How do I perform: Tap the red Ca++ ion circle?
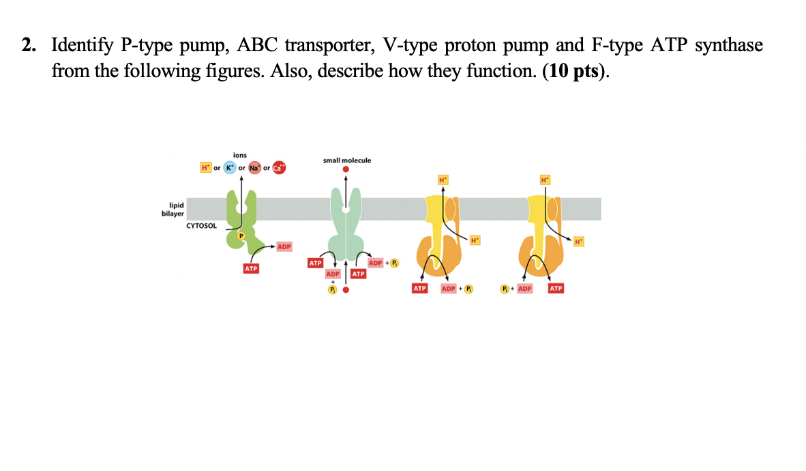click(x=280, y=168)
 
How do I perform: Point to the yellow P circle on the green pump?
click(x=240, y=235)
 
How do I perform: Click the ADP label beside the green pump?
click(x=284, y=246)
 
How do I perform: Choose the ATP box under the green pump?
click(x=251, y=269)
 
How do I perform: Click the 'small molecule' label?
click(x=347, y=160)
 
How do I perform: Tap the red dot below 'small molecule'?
click(x=346, y=169)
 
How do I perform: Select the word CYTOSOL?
click(x=201, y=225)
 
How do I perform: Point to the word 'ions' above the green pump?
click(x=240, y=156)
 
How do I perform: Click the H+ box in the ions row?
click(x=205, y=168)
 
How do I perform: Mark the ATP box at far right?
click(x=556, y=289)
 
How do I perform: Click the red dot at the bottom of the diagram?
click(x=346, y=289)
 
